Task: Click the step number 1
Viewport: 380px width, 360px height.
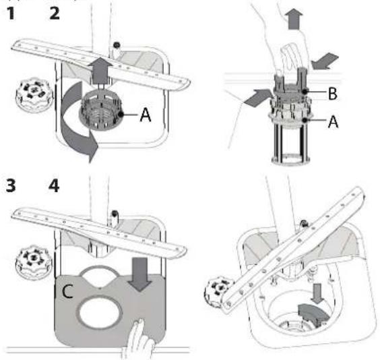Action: (11, 13)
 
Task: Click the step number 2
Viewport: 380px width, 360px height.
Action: (55, 13)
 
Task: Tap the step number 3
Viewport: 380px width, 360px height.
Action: (11, 186)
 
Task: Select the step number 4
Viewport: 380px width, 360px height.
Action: (54, 186)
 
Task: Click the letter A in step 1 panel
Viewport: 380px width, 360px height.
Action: (146, 115)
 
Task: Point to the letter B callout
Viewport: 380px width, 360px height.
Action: (333, 93)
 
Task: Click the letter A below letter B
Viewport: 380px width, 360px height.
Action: (333, 121)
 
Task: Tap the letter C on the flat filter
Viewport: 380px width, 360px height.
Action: (67, 291)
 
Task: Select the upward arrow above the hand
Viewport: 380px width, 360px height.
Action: (294, 19)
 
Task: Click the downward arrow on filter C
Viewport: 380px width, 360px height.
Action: (140, 274)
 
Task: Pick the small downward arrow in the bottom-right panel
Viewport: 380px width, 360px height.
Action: (317, 293)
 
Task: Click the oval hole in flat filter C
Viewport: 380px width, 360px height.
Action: (100, 313)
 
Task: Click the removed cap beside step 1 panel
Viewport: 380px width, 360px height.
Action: (34, 95)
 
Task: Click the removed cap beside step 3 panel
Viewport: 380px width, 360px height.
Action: (34, 263)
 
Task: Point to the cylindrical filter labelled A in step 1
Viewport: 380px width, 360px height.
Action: (101, 111)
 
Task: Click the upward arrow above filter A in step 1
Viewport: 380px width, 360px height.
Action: (100, 71)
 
